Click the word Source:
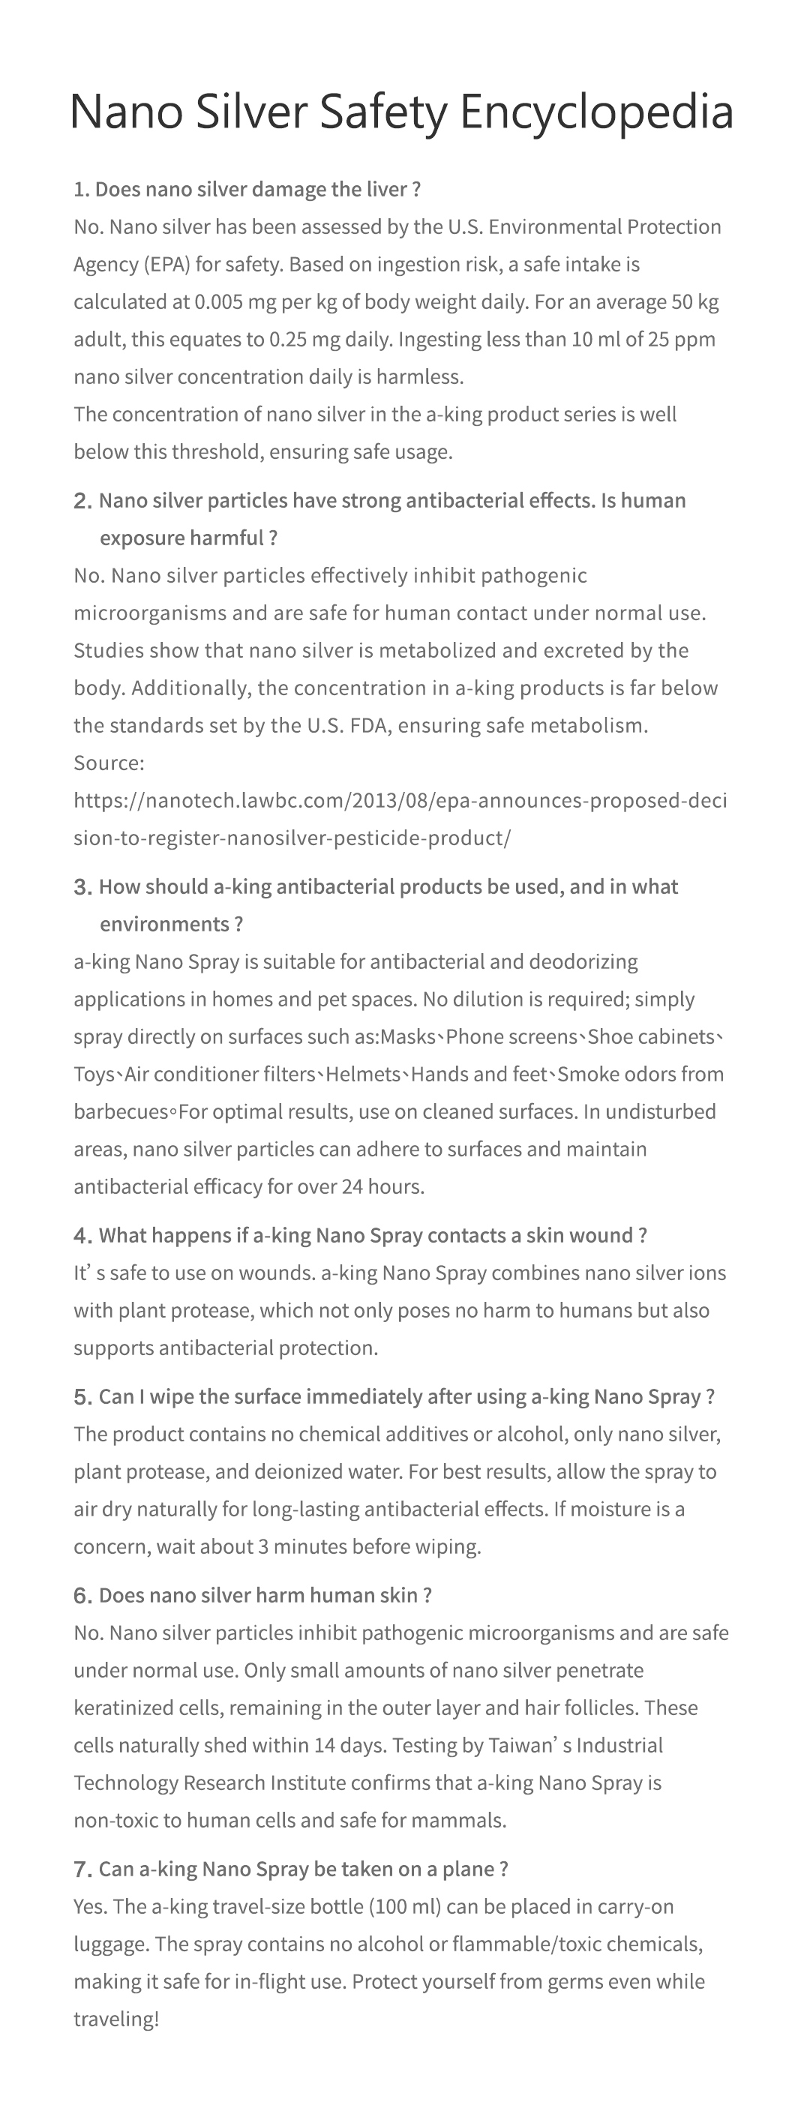tap(109, 763)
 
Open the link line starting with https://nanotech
tap(400, 800)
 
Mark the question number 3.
tap(82, 887)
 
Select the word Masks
tap(408, 1037)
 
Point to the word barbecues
tap(120, 1112)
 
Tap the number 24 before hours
tap(352, 1186)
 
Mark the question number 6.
tap(82, 1596)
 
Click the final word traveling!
tap(116, 2020)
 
